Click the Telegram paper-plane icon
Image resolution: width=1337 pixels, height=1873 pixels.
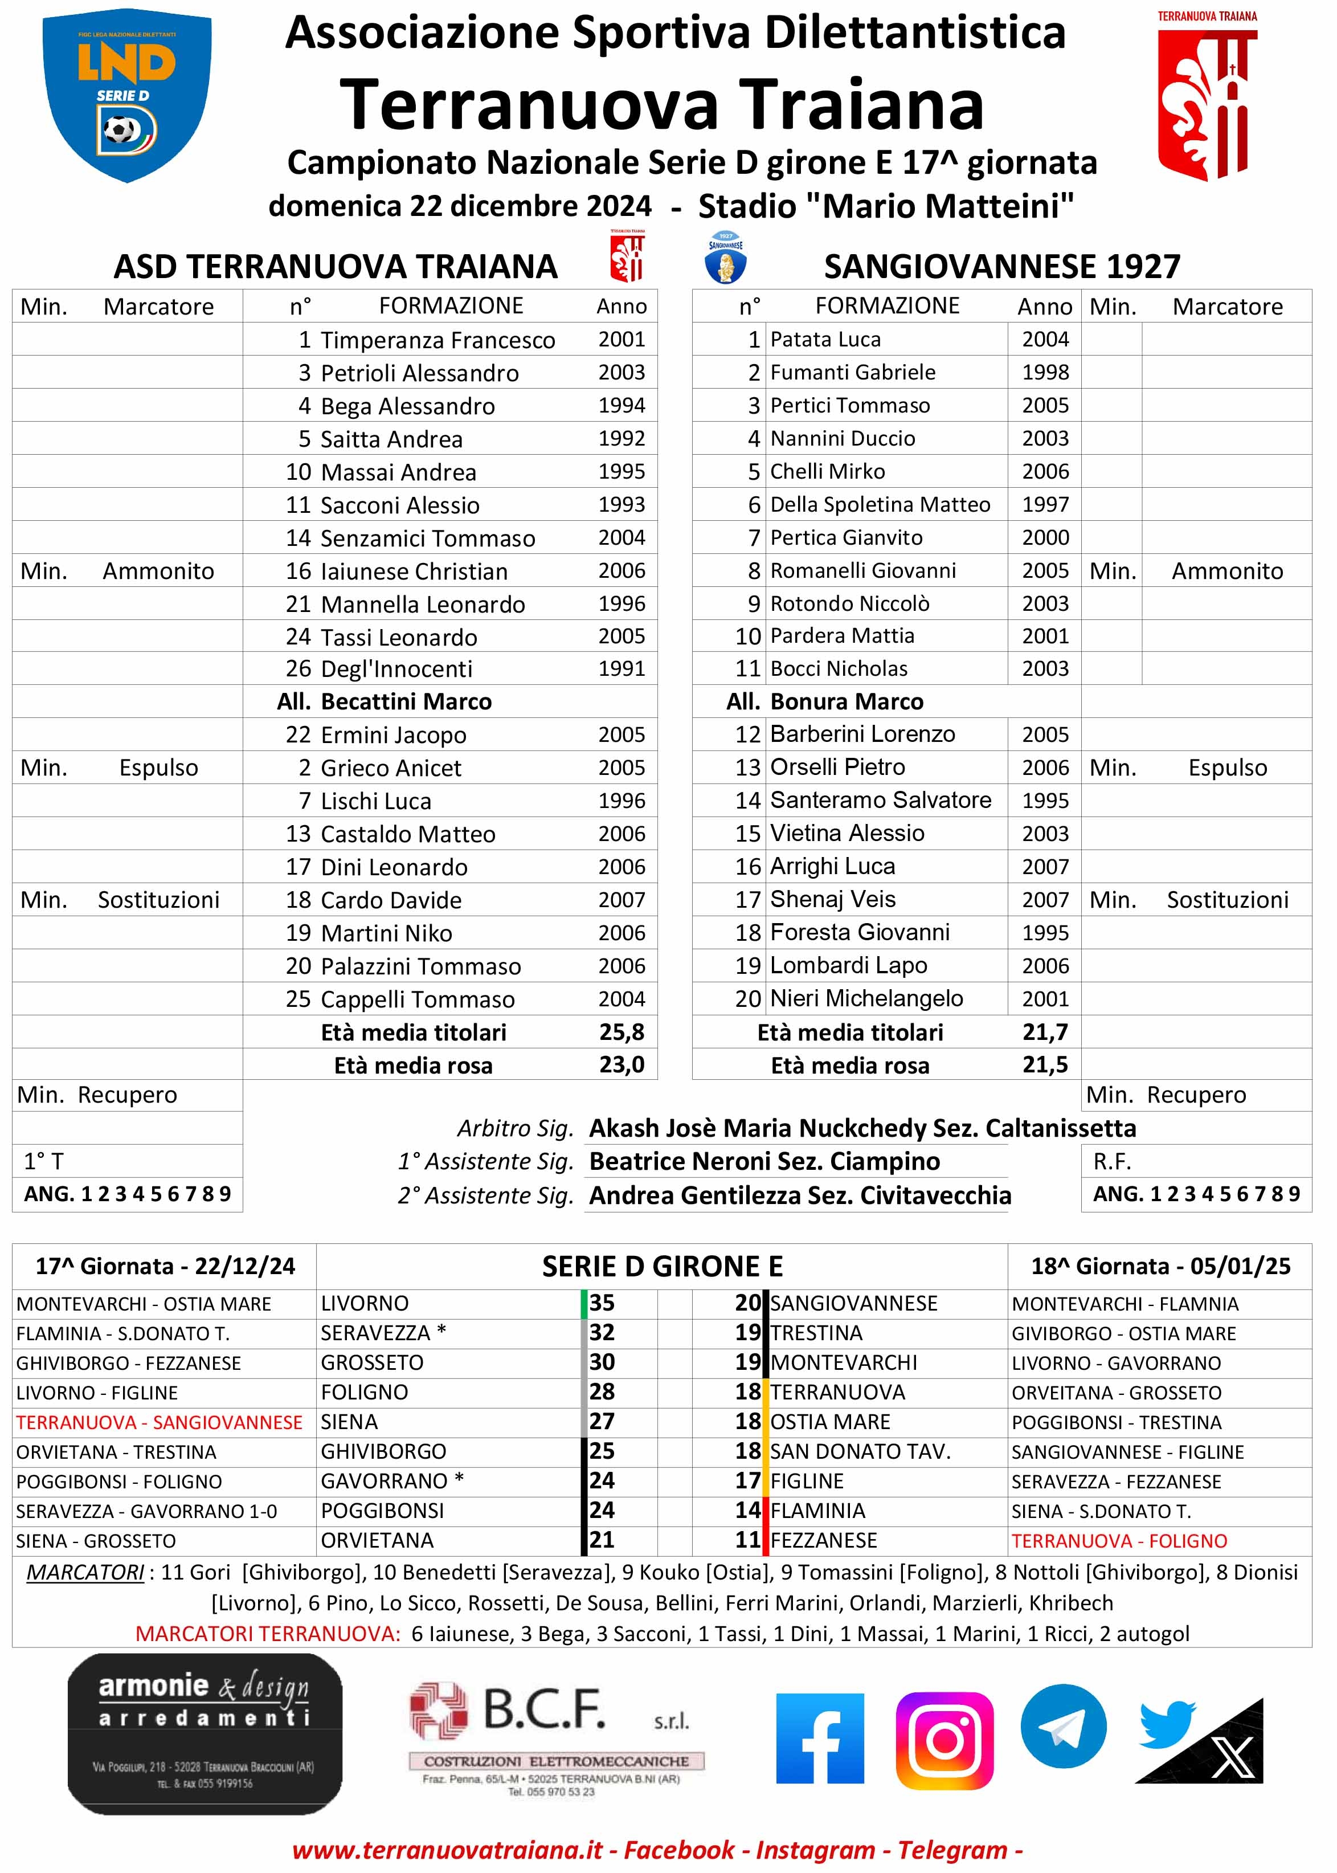(1063, 1727)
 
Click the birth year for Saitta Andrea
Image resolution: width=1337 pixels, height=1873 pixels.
(622, 439)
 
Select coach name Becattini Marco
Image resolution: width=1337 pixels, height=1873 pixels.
(406, 701)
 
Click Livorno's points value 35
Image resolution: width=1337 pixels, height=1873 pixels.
(602, 1303)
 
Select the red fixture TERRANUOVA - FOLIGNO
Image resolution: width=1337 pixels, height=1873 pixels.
(1119, 1540)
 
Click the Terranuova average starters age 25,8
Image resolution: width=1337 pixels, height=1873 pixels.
(622, 1031)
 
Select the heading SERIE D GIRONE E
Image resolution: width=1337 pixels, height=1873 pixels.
(662, 1266)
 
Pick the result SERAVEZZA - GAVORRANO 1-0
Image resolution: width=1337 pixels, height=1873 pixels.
(146, 1511)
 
